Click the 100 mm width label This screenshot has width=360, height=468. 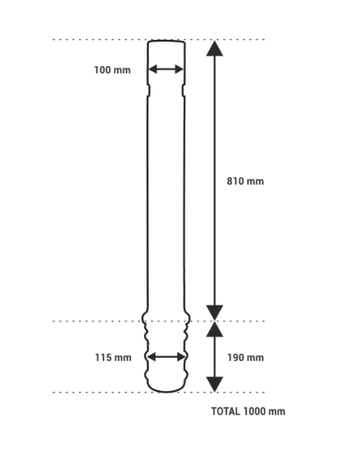point(112,70)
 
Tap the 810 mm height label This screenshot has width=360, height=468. point(246,181)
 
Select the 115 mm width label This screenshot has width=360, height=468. point(113,358)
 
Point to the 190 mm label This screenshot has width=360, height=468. point(246,358)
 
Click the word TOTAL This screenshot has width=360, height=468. point(226,412)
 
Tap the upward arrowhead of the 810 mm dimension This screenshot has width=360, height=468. point(215,48)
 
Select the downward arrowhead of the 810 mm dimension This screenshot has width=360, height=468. point(215,312)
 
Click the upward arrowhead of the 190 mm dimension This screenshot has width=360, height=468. point(215,330)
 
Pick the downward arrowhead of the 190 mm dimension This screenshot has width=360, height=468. point(215,384)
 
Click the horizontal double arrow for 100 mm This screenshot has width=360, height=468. point(166,70)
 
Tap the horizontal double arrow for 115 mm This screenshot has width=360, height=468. point(167,356)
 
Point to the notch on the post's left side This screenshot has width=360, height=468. point(149,90)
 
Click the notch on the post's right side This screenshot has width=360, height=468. point(183,90)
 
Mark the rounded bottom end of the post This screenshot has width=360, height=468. point(166,390)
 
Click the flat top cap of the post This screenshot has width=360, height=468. point(166,41)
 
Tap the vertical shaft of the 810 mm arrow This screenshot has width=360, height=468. point(215,181)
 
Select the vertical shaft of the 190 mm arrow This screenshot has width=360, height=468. point(215,357)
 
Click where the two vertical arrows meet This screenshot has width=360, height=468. point(215,321)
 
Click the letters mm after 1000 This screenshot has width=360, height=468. point(276,412)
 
